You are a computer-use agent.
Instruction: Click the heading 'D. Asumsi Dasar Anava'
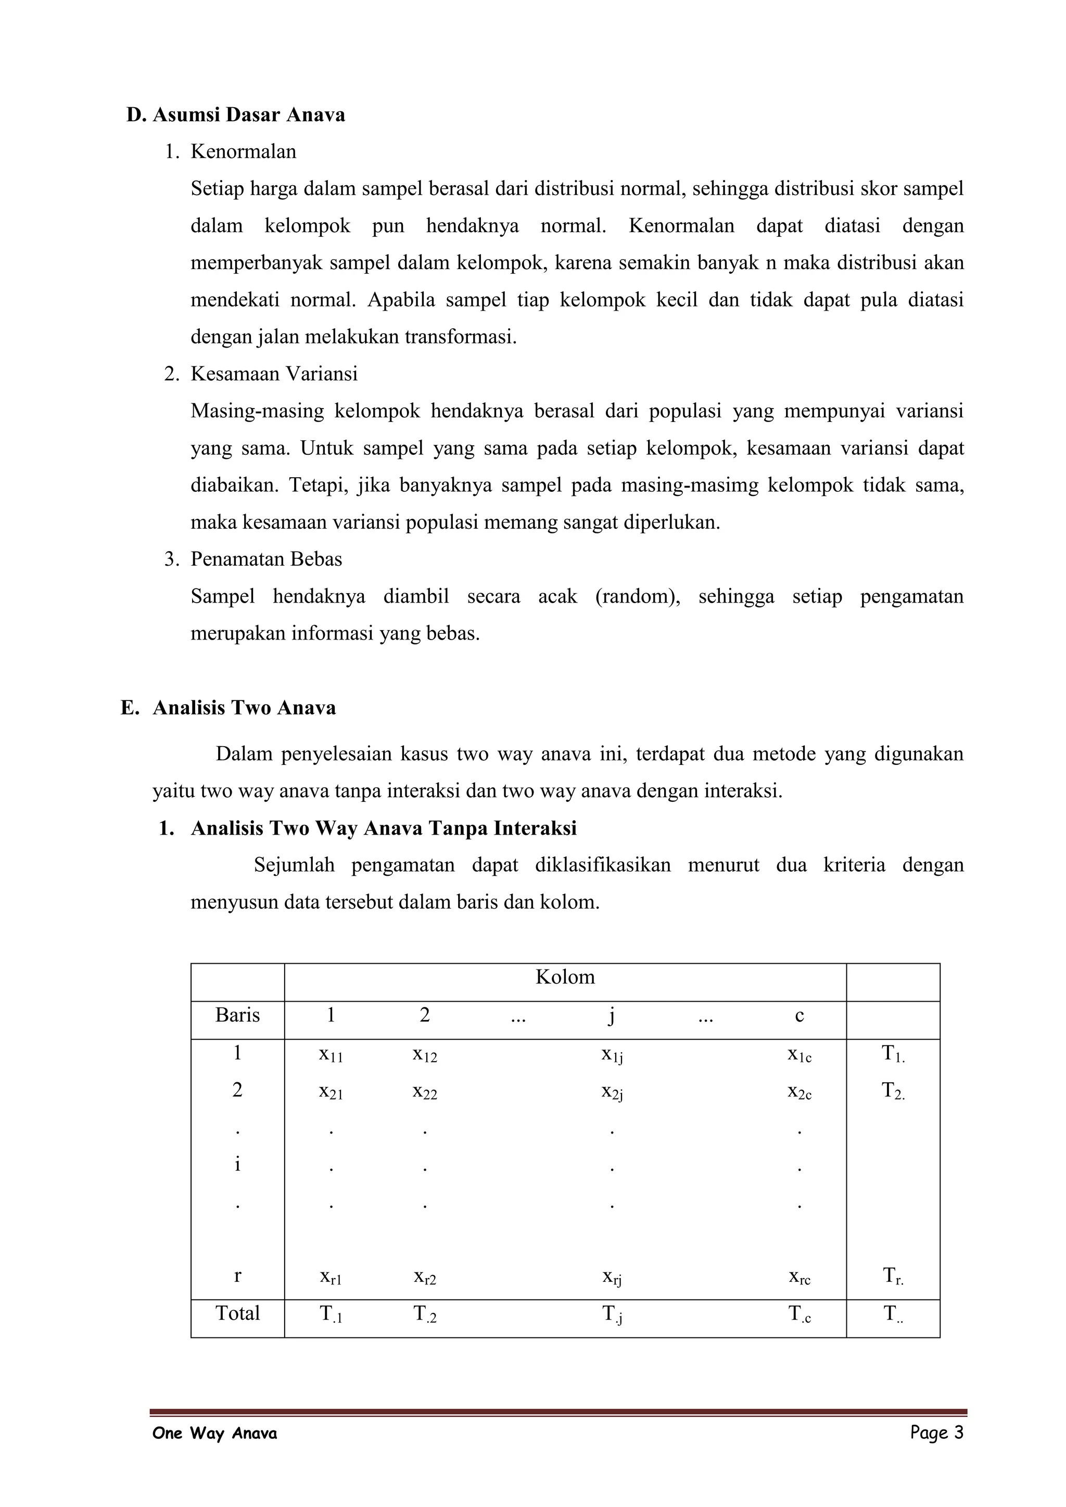click(236, 115)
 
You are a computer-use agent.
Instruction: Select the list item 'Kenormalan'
click(243, 151)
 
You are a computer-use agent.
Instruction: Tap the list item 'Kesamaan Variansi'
click(274, 374)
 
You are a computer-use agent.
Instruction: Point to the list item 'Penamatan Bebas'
click(266, 559)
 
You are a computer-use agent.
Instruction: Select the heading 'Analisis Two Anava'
click(244, 708)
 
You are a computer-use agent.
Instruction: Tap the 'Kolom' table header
click(565, 977)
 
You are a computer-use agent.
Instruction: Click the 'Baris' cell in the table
click(238, 1015)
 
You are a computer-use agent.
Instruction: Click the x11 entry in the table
click(331, 1054)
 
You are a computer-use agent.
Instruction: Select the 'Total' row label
click(238, 1313)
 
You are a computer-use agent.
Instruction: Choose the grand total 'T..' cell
click(893, 1314)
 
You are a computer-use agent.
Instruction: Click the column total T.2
click(425, 1314)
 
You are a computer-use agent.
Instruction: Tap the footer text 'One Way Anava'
click(214, 1434)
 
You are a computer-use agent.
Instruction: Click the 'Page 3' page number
click(936, 1433)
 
